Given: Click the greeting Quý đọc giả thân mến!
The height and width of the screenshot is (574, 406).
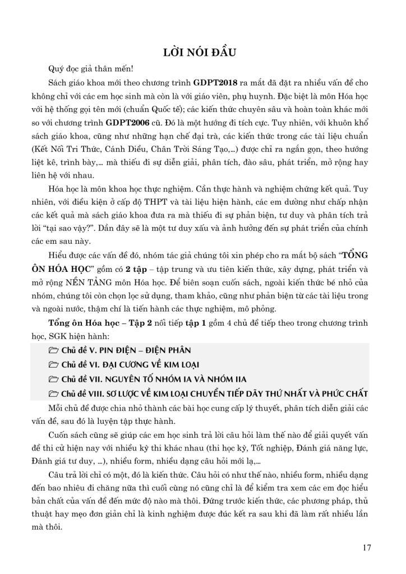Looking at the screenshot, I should pyautogui.click(x=91, y=70).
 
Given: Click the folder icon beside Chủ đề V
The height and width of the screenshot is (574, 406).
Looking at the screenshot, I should pyautogui.click(x=54, y=350).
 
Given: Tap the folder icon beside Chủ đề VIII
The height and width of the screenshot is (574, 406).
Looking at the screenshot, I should pyautogui.click(x=54, y=393).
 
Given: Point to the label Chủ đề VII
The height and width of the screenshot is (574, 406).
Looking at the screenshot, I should pyautogui.click(x=84, y=379).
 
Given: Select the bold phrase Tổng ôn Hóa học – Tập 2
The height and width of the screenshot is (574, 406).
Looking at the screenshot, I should pyautogui.click(x=100, y=322).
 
